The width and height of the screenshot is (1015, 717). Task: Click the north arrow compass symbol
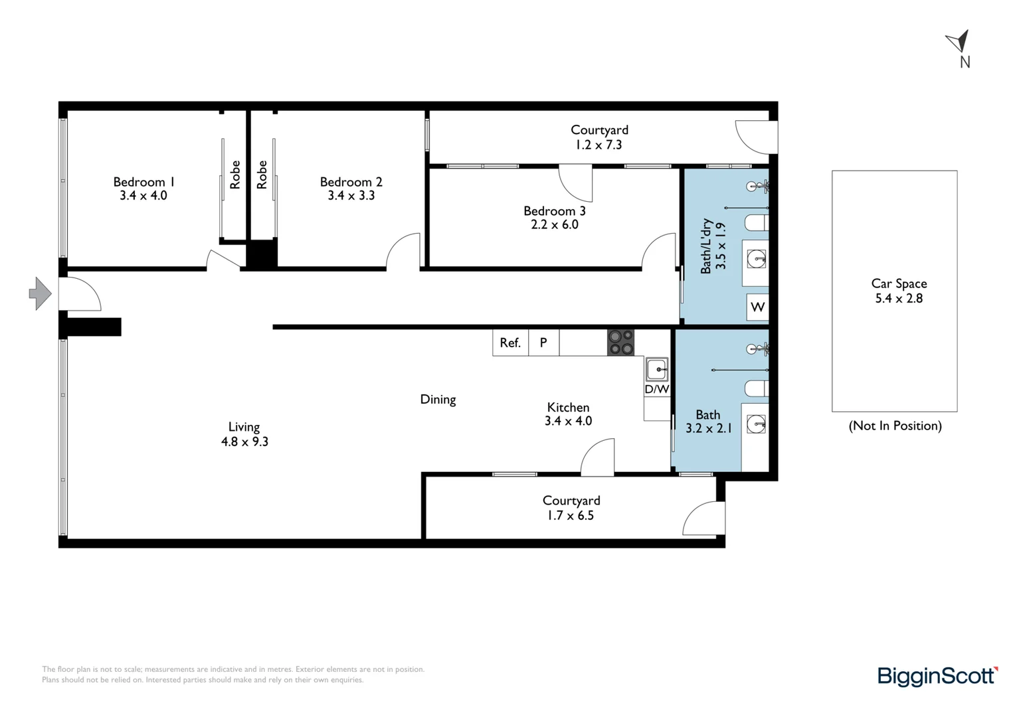(959, 42)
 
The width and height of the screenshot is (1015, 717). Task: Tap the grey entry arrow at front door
(40, 293)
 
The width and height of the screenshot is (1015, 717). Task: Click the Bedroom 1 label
(143, 182)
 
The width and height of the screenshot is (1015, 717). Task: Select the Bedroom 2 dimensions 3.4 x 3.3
(351, 196)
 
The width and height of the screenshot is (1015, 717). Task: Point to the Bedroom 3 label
(554, 211)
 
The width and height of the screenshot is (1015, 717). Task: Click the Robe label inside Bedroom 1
(235, 175)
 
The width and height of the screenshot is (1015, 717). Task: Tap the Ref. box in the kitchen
(509, 343)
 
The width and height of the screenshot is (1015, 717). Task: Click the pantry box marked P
(543, 343)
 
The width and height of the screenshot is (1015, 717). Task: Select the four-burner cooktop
(620, 343)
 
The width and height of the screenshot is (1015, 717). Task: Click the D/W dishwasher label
(656, 389)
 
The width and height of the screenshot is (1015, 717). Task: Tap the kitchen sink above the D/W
(657, 368)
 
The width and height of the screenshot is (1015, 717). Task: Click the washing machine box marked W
(757, 307)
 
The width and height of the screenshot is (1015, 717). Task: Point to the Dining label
(438, 399)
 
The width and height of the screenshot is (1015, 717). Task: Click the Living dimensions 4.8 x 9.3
(244, 441)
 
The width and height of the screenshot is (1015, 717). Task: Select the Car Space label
(899, 283)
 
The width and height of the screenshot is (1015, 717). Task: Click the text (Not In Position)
(895, 426)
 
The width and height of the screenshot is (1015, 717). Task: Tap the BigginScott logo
(937, 676)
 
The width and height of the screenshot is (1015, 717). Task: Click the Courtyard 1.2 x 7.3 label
(599, 137)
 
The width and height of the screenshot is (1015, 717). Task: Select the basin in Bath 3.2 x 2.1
(756, 424)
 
